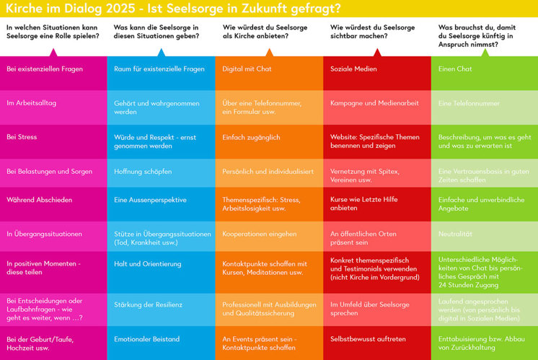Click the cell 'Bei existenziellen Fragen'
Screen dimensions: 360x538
(x=53, y=69)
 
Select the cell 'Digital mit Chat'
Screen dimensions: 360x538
(x=268, y=69)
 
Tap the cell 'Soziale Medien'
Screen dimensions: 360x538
(x=376, y=69)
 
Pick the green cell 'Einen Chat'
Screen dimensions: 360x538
(x=484, y=69)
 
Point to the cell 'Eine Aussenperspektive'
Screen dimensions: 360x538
(x=161, y=200)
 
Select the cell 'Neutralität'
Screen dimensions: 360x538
(x=484, y=234)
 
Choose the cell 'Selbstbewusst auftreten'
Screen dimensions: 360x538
(x=376, y=338)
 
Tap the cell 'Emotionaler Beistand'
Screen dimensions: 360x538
(x=161, y=338)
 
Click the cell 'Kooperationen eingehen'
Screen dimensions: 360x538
(x=268, y=234)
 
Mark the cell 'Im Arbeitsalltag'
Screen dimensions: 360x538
(x=53, y=103)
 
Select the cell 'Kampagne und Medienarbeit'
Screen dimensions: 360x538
(x=376, y=103)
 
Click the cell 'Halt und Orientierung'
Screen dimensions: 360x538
(x=161, y=263)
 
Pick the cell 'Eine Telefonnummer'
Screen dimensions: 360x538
(x=484, y=103)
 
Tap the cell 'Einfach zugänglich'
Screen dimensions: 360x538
(x=268, y=137)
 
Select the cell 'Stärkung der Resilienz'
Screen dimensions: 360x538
(x=161, y=304)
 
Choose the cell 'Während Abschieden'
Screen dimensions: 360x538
(x=53, y=200)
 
